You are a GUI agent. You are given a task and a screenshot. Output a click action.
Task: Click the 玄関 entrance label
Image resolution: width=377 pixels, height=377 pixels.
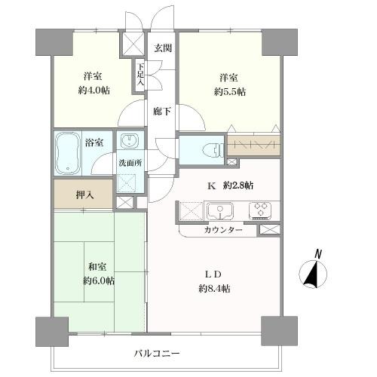coord(163,48)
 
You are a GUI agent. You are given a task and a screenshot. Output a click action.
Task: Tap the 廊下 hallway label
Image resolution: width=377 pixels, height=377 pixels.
coord(162,111)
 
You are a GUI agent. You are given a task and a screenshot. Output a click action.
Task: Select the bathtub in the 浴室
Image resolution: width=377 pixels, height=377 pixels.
coord(67,153)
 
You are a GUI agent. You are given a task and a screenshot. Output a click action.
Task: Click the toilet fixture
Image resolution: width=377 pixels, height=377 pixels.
coord(213,151)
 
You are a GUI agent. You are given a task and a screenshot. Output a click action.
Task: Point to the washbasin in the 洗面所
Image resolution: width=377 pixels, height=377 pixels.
coord(129,141)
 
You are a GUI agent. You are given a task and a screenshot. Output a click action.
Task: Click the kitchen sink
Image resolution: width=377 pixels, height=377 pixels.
coord(220,211)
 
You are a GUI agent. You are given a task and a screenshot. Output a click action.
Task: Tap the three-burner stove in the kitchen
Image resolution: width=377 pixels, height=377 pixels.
coord(261,210)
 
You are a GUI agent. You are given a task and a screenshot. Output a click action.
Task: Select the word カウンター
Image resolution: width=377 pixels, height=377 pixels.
coord(223,230)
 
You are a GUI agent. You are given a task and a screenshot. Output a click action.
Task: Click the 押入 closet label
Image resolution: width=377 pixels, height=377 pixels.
coord(85,195)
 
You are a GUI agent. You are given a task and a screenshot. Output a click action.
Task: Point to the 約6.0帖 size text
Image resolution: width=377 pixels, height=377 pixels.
coord(99,280)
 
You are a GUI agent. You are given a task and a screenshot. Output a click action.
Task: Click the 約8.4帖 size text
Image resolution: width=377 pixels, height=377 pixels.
coord(214,288)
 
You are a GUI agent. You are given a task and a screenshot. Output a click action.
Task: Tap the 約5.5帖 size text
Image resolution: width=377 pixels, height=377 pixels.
coord(230,92)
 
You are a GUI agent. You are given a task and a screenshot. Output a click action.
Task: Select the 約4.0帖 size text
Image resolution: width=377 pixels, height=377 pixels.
coord(94,90)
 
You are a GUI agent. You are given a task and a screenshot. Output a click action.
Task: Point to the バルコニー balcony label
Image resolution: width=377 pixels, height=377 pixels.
coord(157,354)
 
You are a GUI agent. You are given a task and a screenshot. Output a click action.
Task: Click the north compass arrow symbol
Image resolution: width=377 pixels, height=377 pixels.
coord(313,274)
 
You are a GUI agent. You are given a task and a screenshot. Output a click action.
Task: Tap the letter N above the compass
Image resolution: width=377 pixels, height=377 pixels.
coord(318,254)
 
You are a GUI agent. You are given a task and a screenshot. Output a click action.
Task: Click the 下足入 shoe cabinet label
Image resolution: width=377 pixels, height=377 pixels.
coord(140,74)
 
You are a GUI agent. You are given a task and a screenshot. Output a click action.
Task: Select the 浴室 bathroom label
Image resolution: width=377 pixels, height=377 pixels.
coord(94,143)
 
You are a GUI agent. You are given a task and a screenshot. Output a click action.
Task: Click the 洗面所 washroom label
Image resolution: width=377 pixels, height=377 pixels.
coord(130,163)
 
